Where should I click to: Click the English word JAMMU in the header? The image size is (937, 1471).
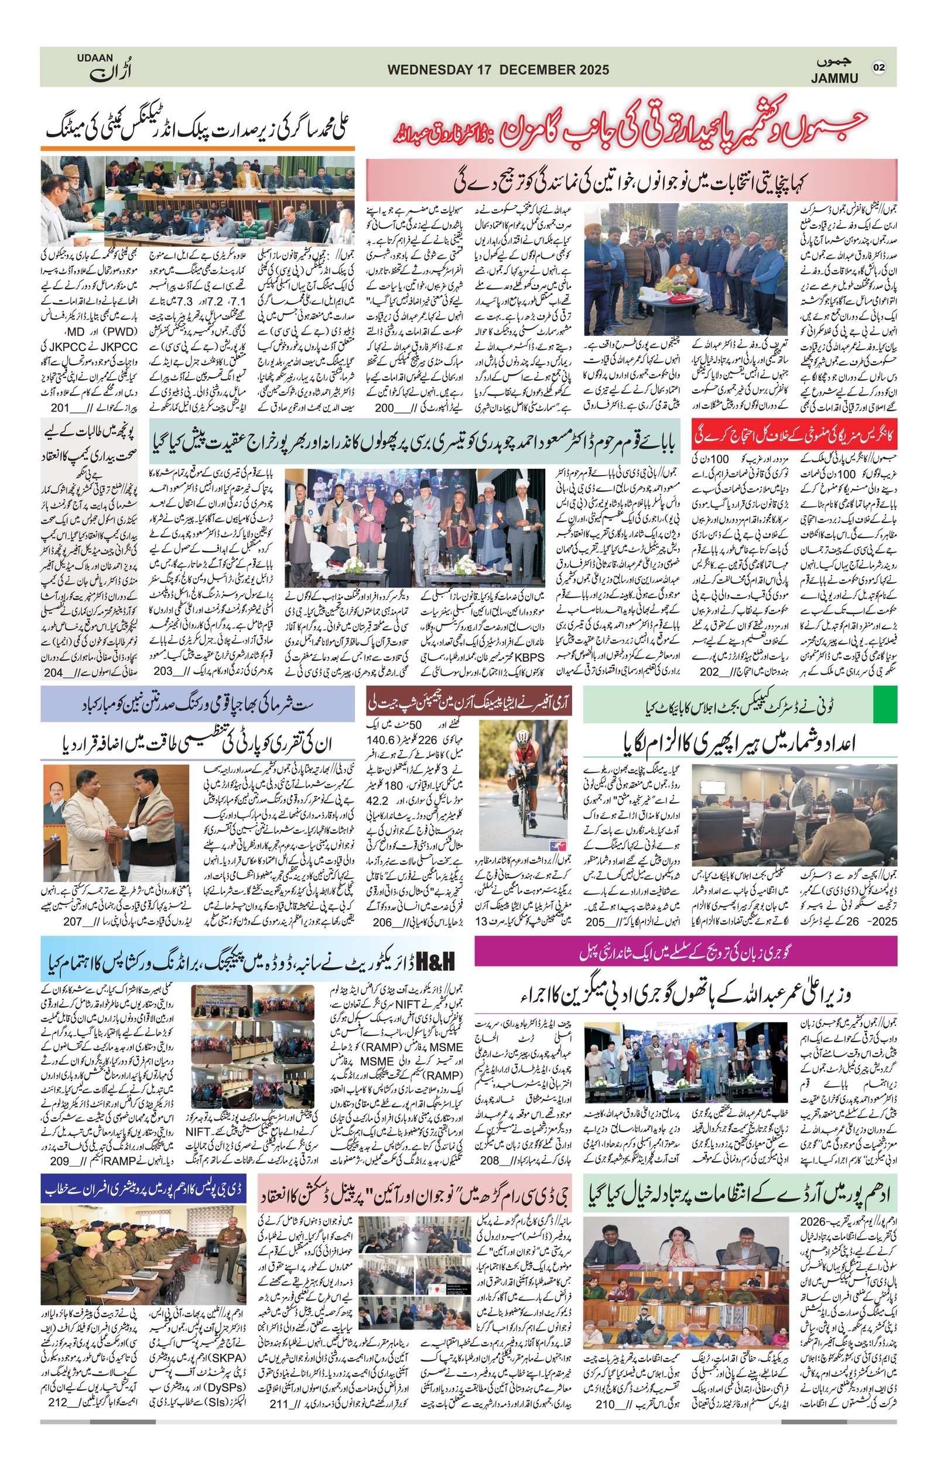point(835,78)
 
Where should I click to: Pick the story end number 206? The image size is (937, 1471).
point(383,922)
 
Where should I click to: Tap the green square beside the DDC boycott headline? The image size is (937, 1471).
point(885,705)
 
